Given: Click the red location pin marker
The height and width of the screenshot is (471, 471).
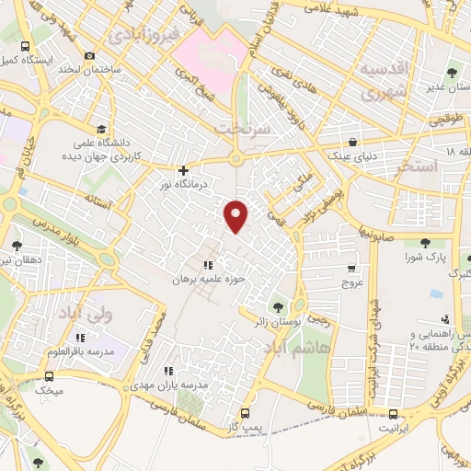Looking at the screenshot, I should [237, 215].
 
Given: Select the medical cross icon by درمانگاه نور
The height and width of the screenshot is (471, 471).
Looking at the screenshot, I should [184, 170].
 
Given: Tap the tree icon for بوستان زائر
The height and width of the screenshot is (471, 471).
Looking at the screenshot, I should [279, 307].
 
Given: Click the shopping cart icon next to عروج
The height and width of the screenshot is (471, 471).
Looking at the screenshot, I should [351, 269].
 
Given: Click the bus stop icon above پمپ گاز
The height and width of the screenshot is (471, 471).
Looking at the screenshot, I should [245, 413].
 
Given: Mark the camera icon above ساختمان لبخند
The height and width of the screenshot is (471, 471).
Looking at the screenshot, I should [89, 55].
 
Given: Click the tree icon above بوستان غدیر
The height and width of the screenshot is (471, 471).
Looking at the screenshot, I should [451, 74].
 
